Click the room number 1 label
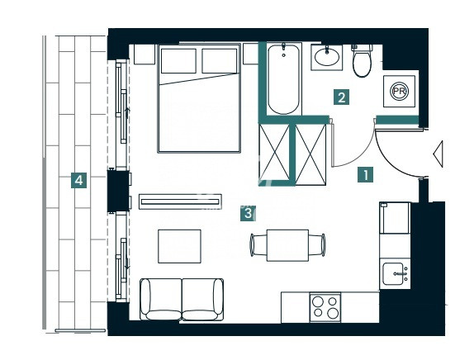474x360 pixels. [x=366, y=175]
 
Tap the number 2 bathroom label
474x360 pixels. [x=342, y=97]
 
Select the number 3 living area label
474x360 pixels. [x=249, y=213]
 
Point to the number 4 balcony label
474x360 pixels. [x=79, y=181]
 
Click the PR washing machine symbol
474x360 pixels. [x=399, y=91]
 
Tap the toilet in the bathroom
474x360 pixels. [x=362, y=60]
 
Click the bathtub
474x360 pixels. [x=283, y=79]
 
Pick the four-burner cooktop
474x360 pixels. [x=325, y=307]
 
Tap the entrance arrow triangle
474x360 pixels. [x=438, y=154]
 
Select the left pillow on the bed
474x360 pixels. [x=178, y=61]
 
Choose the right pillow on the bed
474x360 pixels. [x=219, y=61]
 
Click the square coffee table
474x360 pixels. [x=179, y=246]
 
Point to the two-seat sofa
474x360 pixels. [x=182, y=299]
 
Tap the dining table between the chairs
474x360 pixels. [x=287, y=245]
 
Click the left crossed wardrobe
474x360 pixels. [x=274, y=152]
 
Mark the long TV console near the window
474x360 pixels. [x=180, y=201]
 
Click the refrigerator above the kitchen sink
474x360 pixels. [x=395, y=218]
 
